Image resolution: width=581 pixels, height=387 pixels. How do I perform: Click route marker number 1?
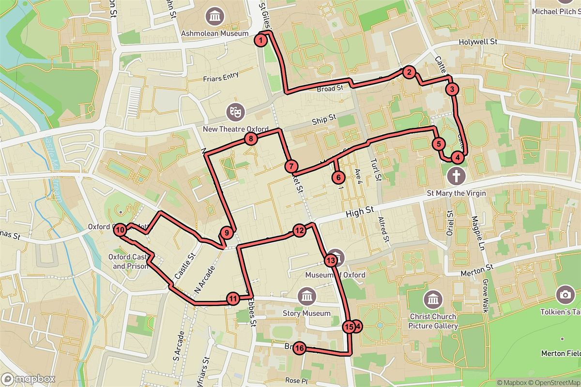261,40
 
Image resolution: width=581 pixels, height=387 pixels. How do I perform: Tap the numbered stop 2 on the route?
409,73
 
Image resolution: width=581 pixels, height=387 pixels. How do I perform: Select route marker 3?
452,89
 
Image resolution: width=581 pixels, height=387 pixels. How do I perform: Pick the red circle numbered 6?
337,178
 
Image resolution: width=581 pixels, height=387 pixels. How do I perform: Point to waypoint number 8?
250,139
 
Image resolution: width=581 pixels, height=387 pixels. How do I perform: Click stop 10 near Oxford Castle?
121,230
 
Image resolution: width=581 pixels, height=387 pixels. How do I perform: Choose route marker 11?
233,298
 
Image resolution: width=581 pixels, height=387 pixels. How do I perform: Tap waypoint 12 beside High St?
299,231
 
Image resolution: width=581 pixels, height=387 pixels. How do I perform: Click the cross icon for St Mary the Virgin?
456,176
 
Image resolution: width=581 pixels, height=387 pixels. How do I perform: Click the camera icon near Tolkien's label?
565,295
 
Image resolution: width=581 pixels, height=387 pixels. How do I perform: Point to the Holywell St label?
479,42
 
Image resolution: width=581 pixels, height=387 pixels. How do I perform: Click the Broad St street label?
330,89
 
